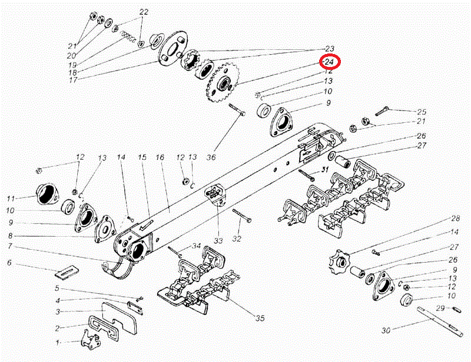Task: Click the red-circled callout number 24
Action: pyautogui.click(x=329, y=62)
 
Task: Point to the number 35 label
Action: pyautogui.click(x=260, y=319)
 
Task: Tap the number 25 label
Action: pyautogui.click(x=422, y=112)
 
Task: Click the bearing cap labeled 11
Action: pyautogui.click(x=47, y=195)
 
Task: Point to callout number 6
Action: pyautogui.click(x=9, y=263)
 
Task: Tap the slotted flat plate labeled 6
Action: pyautogui.click(x=68, y=271)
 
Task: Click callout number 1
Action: pyautogui.click(x=58, y=341)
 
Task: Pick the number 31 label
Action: pyautogui.click(x=323, y=170)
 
